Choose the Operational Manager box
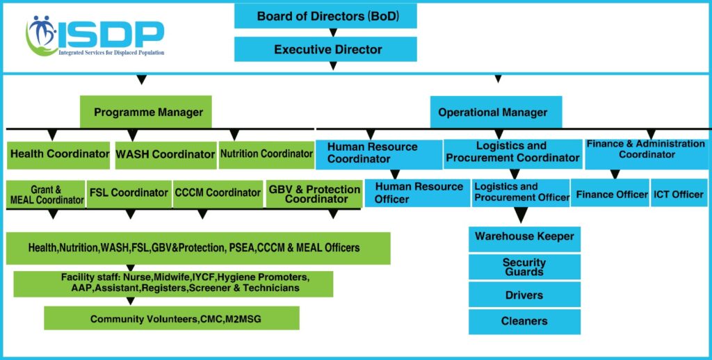click(x=493, y=112)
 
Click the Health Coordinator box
click(x=59, y=154)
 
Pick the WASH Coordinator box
click(x=165, y=154)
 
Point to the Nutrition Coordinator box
click(x=266, y=154)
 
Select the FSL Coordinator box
click(x=129, y=193)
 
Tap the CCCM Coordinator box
click(x=218, y=193)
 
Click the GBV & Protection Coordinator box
click(x=313, y=194)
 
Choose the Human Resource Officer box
click(x=418, y=193)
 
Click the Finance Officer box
click(x=611, y=194)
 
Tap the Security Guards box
click(x=524, y=267)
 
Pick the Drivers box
click(x=524, y=295)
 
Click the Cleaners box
click(x=524, y=321)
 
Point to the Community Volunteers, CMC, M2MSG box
click(x=171, y=319)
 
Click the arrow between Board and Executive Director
click(x=333, y=33)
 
